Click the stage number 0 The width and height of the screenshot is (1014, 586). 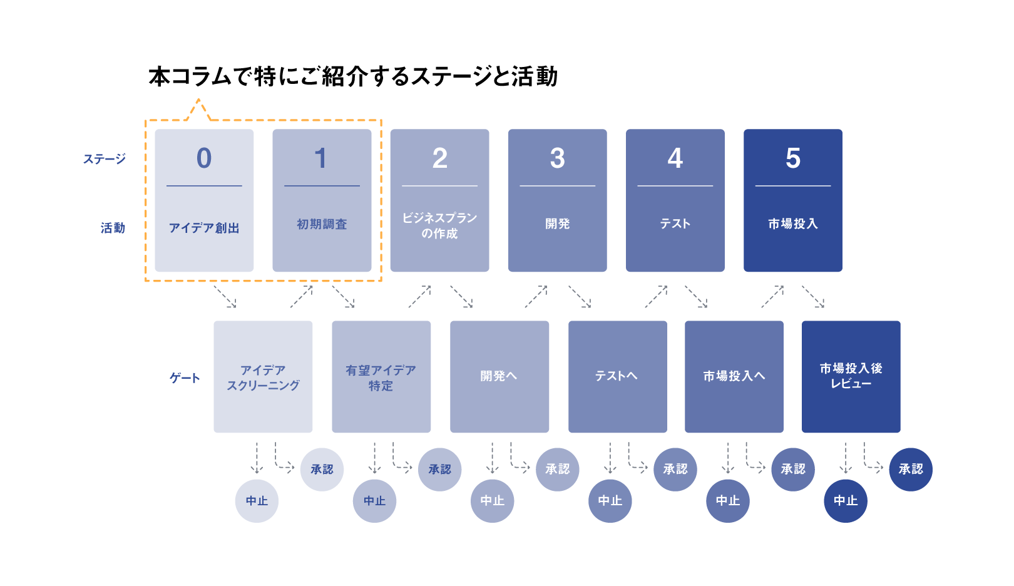pos(203,158)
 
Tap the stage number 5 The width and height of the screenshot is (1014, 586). pos(792,158)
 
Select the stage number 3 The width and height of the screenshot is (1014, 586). pos(557,158)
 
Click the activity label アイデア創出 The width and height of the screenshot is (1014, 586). pos(204,228)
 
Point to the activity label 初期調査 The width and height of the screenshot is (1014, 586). pos(322,224)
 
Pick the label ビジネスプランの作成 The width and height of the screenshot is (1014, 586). pos(439,225)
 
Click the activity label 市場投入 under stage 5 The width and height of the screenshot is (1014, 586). pos(792,224)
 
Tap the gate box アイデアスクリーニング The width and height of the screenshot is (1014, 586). pos(263,377)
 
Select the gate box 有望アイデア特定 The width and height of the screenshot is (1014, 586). pos(381,377)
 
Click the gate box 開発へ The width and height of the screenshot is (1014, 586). pos(499,377)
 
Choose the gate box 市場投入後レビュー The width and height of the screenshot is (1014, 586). pos(851,377)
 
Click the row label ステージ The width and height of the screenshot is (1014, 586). pos(104,159)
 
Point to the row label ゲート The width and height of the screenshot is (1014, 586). pos(185,378)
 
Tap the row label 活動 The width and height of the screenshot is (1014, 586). pos(113,228)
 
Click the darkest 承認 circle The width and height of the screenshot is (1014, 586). pos(910,470)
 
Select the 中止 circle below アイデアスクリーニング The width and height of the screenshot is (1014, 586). pos(257,501)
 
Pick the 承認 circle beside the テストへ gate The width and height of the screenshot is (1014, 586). pos(675,470)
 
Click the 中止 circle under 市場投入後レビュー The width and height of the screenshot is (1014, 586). pos(845,501)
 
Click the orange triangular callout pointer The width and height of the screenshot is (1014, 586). pos(198,110)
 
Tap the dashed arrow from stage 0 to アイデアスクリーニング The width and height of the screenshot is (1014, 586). pos(225,297)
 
